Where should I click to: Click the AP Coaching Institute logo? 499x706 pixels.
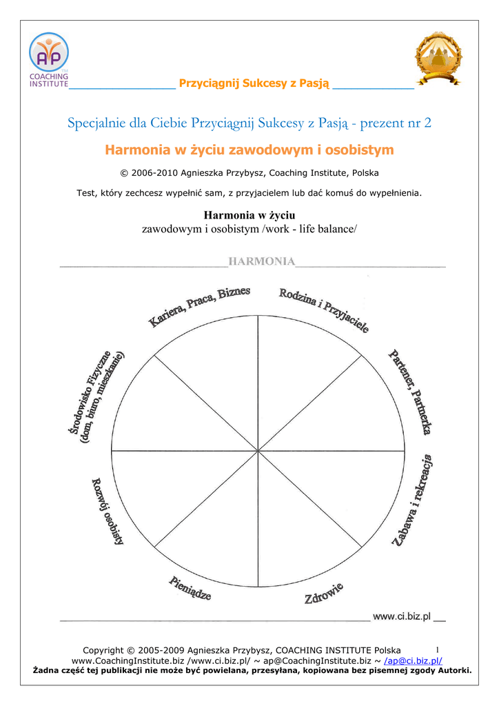48,61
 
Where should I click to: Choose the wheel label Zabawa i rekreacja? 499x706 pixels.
413,500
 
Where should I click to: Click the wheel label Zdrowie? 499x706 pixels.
324,594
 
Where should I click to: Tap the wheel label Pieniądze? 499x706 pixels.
190,588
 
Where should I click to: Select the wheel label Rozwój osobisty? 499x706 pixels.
108,511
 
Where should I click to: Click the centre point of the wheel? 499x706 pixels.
258,451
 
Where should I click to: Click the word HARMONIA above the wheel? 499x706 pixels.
262,261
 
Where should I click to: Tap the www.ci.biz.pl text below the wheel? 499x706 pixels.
401,616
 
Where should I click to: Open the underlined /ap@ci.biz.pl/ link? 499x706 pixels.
413,660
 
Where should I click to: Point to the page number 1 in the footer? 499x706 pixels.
438,649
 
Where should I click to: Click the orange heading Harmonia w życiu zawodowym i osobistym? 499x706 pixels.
249,150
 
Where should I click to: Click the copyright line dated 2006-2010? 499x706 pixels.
249,172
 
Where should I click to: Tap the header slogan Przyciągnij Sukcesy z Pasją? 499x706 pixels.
254,83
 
